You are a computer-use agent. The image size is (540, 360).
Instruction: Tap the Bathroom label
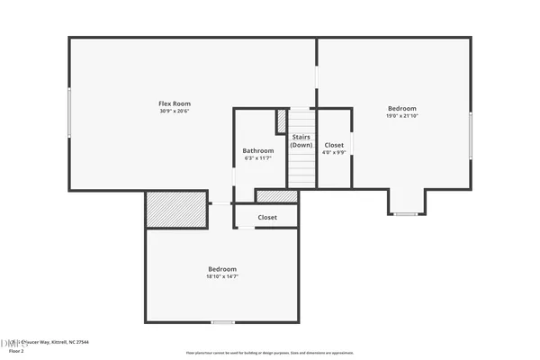point(257,150)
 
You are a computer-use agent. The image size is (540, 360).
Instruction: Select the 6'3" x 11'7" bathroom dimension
point(257,158)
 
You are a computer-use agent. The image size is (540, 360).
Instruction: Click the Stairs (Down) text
point(301,140)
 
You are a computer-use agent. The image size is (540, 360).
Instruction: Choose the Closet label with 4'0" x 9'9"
point(334,144)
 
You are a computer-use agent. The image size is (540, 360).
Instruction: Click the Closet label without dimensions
point(267,217)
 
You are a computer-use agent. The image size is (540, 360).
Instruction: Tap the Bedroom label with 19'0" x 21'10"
point(401,108)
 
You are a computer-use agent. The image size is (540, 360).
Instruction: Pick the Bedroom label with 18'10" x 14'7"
point(222,269)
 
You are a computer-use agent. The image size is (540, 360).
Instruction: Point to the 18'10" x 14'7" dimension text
point(222,277)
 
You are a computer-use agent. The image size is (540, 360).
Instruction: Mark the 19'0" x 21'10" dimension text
point(401,116)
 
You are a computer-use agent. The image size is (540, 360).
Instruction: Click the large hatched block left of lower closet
point(175,209)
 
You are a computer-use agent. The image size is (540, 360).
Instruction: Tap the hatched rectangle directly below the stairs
point(276,195)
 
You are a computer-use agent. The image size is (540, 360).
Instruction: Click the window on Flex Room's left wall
point(69,112)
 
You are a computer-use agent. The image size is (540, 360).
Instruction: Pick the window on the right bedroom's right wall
point(471,135)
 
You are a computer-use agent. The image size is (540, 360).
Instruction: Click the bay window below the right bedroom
point(405,214)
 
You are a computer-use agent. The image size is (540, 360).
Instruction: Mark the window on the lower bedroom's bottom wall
point(221,322)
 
